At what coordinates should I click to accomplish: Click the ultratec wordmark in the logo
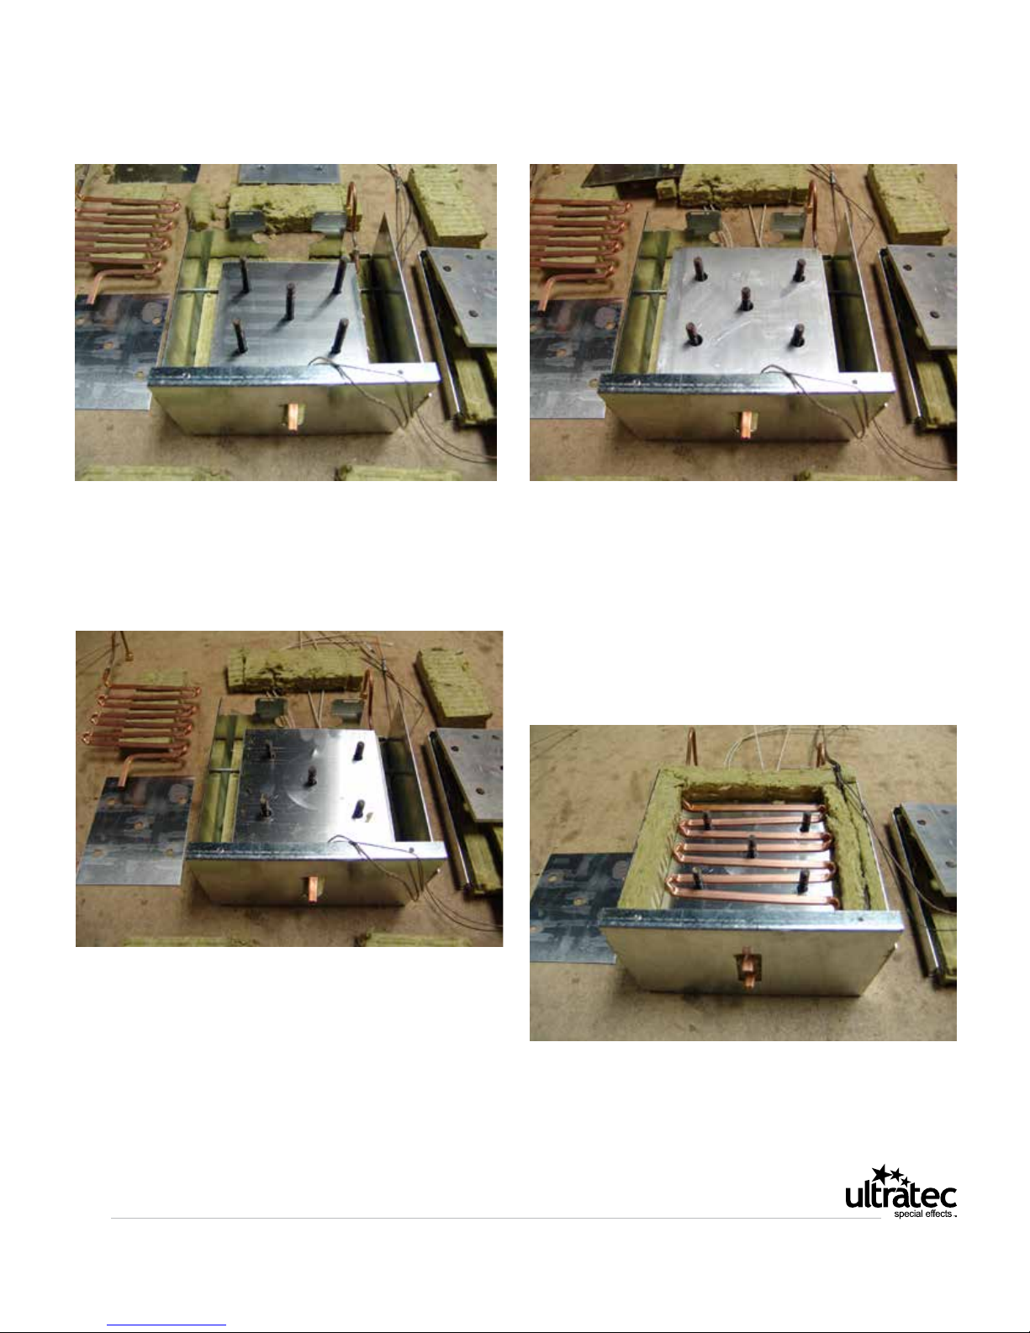click(901, 1196)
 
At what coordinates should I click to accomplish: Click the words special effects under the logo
click(923, 1214)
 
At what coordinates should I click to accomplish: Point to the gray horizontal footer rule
click(495, 1218)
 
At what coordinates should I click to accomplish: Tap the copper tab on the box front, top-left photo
click(293, 417)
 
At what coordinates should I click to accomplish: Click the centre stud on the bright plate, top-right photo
click(746, 299)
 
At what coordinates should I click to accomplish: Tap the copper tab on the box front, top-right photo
click(746, 425)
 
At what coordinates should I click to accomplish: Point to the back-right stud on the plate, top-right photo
click(798, 271)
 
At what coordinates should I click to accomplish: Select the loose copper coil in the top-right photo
click(580, 246)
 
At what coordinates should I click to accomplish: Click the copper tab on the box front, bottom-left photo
click(314, 889)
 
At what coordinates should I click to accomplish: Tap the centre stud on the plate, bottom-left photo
click(311, 776)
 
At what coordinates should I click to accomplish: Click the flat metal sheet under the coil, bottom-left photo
click(135, 831)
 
